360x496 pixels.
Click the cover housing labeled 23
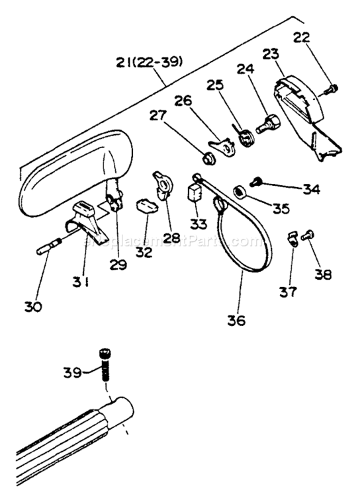(301, 109)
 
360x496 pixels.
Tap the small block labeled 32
(147, 206)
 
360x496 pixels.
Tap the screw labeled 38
(307, 234)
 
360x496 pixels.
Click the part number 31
(81, 282)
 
